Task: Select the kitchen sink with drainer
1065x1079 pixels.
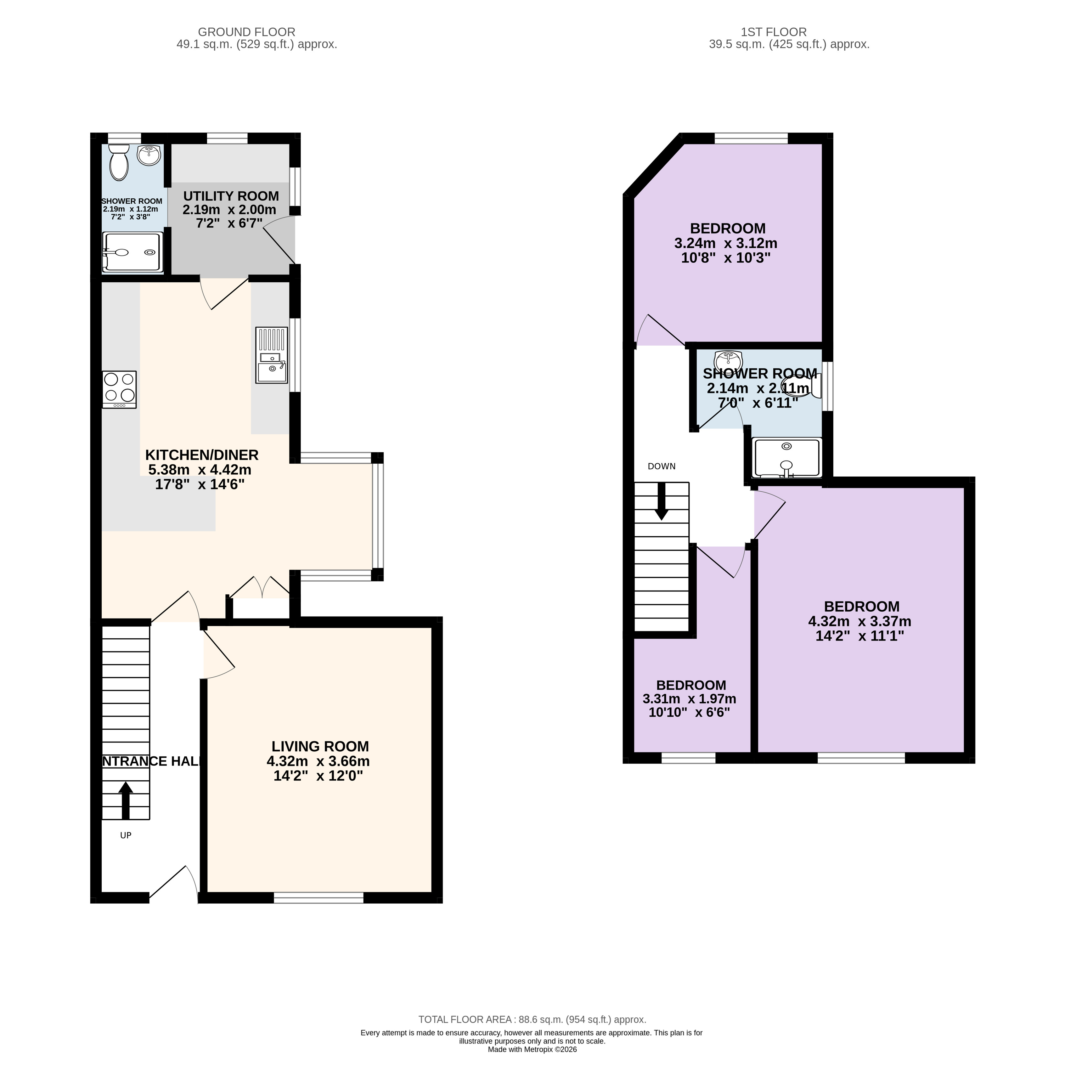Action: click(271, 355)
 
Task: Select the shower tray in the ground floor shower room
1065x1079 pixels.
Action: click(132, 252)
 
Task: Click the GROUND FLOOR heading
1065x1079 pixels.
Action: click(246, 32)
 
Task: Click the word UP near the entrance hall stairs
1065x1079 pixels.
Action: click(126, 835)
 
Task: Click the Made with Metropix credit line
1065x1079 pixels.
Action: click(532, 1049)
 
